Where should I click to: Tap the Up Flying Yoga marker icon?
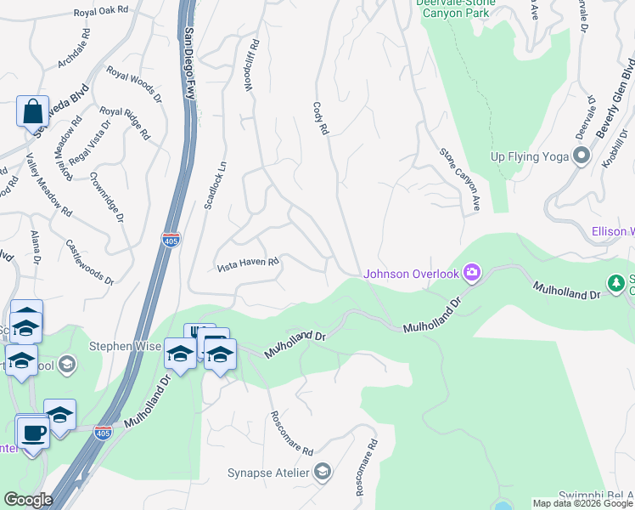(582, 156)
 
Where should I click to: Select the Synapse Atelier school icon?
(322, 472)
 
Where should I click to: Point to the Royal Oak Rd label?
(100, 10)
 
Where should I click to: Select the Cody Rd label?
(320, 119)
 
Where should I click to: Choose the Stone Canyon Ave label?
(460, 180)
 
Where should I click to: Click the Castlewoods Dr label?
(89, 261)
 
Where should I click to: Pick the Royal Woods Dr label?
(133, 84)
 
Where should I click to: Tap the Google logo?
(28, 500)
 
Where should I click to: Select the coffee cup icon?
(34, 432)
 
